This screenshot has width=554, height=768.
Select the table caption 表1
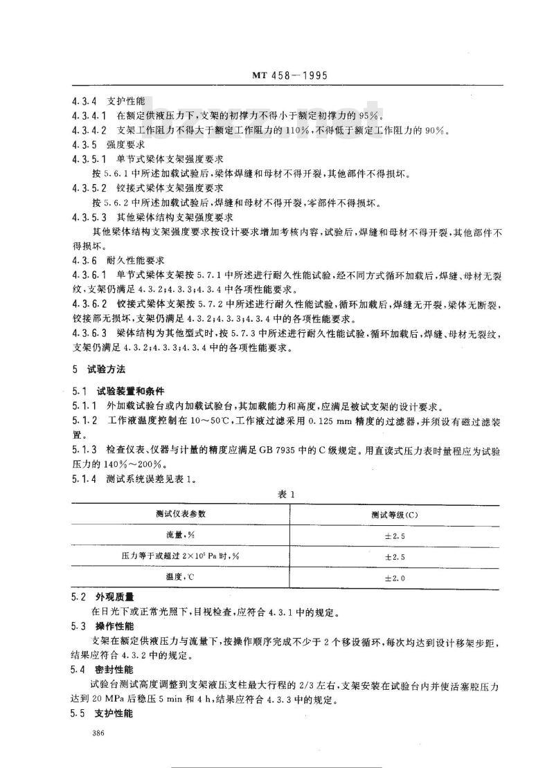pyautogui.click(x=285, y=494)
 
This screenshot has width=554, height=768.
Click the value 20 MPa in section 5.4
pyautogui.click(x=106, y=699)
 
